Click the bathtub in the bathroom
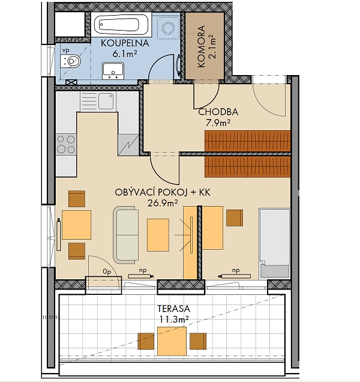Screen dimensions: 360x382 [121, 25]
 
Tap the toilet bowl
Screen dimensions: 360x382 [72, 61]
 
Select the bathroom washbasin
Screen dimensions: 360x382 [113, 71]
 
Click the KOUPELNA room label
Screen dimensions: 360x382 [125, 43]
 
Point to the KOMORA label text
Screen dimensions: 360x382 [201, 46]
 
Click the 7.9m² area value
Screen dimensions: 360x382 [218, 123]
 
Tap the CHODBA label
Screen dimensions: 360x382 [218, 112]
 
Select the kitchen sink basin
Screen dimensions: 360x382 [106, 101]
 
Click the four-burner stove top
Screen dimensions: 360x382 [66, 144]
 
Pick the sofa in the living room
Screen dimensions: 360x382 [125, 235]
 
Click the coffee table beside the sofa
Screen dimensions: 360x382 [158, 235]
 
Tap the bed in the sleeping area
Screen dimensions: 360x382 [275, 243]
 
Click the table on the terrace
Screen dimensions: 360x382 [172, 341]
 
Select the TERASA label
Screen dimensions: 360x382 [173, 309]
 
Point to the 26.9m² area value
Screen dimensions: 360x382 [163, 202]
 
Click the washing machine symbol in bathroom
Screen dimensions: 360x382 [168, 27]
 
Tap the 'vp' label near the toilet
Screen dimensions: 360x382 [66, 50]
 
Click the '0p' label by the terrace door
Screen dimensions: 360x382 [107, 271]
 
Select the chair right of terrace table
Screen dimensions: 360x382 [198, 341]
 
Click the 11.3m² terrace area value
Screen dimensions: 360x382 [174, 319]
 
